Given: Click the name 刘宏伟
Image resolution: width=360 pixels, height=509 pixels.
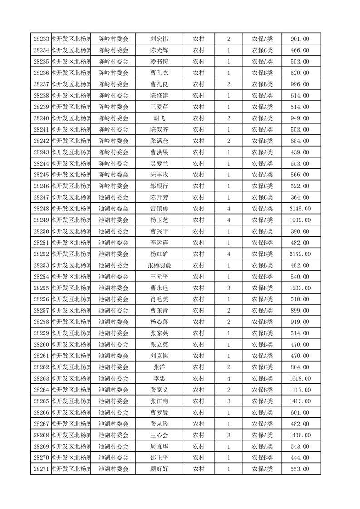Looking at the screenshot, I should (x=159, y=39).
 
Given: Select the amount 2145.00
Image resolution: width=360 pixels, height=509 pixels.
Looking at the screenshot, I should (x=300, y=209).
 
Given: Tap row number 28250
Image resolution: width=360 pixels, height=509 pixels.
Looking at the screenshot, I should (x=41, y=231).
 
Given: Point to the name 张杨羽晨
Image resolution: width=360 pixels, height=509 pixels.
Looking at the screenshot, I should (x=159, y=265).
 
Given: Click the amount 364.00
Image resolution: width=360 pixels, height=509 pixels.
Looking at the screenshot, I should (x=300, y=197).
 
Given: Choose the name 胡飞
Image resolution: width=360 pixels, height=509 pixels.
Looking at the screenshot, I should (x=159, y=118).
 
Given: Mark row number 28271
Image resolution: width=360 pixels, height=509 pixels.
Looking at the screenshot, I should (x=41, y=469).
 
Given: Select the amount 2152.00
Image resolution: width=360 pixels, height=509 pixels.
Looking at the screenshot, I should (x=300, y=254).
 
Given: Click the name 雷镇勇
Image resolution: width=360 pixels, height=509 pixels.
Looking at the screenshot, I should (x=159, y=209).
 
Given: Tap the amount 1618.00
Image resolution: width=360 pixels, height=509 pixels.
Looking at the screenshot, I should (x=300, y=378).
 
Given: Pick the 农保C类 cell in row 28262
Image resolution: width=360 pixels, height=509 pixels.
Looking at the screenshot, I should (x=262, y=367).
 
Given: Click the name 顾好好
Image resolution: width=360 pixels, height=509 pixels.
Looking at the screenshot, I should (x=159, y=469).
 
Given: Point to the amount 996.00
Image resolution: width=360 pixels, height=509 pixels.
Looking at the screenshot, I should (x=300, y=84).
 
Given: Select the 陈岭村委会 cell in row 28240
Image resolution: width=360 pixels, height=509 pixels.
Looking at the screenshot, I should (x=113, y=118).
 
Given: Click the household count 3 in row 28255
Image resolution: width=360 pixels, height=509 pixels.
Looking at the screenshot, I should (x=228, y=288).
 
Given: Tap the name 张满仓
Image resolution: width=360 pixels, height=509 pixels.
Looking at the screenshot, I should (x=159, y=141).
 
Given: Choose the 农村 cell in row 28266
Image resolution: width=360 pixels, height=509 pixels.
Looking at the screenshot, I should (x=198, y=412).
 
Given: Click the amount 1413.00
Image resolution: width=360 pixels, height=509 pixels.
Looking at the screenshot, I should (x=300, y=401).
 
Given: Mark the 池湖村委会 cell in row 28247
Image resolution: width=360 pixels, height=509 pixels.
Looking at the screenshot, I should (x=113, y=197).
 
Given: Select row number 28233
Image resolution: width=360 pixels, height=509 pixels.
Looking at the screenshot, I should (x=41, y=39).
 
